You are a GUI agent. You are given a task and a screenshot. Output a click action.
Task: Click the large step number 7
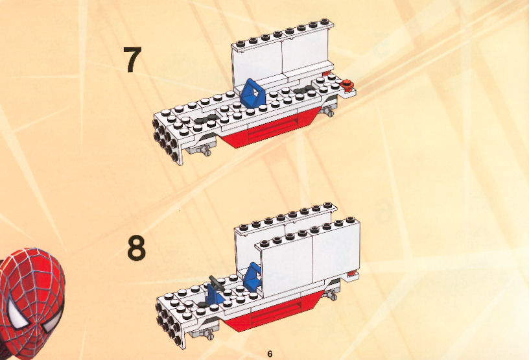click(132, 60)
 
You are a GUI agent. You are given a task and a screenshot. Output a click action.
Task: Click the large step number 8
click(137, 248)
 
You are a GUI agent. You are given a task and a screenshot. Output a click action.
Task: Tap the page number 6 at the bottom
click(270, 354)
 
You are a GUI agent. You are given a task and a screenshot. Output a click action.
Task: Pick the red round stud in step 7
click(346, 84)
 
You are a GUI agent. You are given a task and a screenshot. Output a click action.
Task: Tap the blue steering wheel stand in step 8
click(213, 294)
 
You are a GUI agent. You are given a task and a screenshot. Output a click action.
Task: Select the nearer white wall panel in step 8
click(308, 258)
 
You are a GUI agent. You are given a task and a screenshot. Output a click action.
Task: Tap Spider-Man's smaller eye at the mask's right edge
click(53, 320)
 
